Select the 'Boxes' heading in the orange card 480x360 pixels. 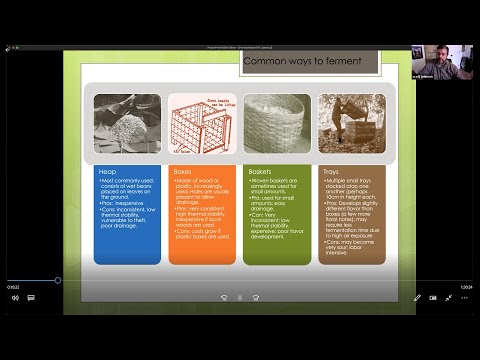click(x=183, y=172)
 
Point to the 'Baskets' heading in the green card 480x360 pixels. click(x=260, y=172)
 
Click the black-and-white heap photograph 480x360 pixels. click(x=127, y=123)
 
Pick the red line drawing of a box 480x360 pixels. click(x=202, y=124)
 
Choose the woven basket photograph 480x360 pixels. click(x=277, y=124)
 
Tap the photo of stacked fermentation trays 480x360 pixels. click(x=351, y=123)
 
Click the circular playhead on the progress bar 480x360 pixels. click(x=58, y=279)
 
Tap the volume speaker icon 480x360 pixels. click(x=16, y=297)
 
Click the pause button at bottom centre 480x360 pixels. click(x=240, y=297)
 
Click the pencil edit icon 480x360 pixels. click(x=418, y=297)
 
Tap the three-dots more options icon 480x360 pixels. click(x=465, y=297)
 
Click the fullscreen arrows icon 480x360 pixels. click(x=449, y=297)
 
